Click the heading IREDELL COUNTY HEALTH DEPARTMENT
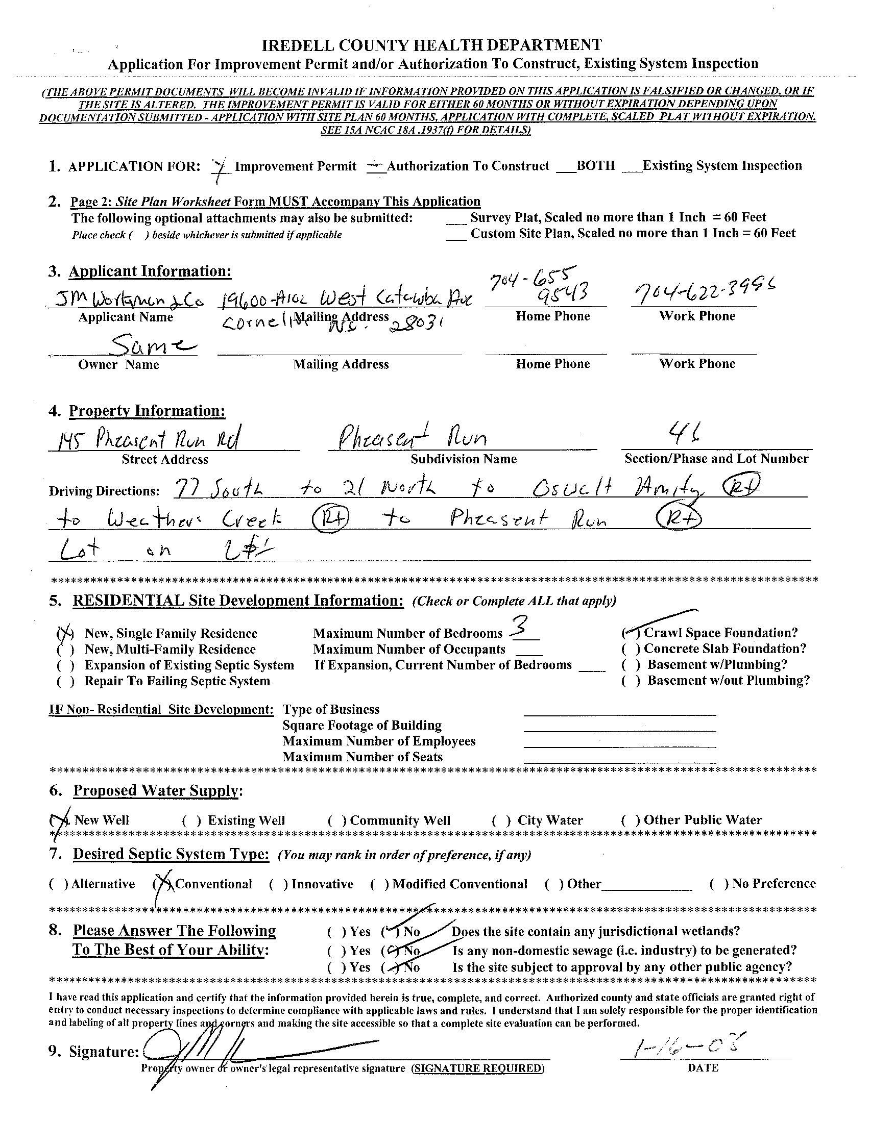click(x=432, y=45)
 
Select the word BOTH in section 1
click(x=596, y=166)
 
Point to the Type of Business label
click(x=331, y=709)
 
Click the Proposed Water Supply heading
click(x=156, y=790)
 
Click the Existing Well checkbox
click(x=191, y=821)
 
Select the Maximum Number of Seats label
click(x=362, y=757)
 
